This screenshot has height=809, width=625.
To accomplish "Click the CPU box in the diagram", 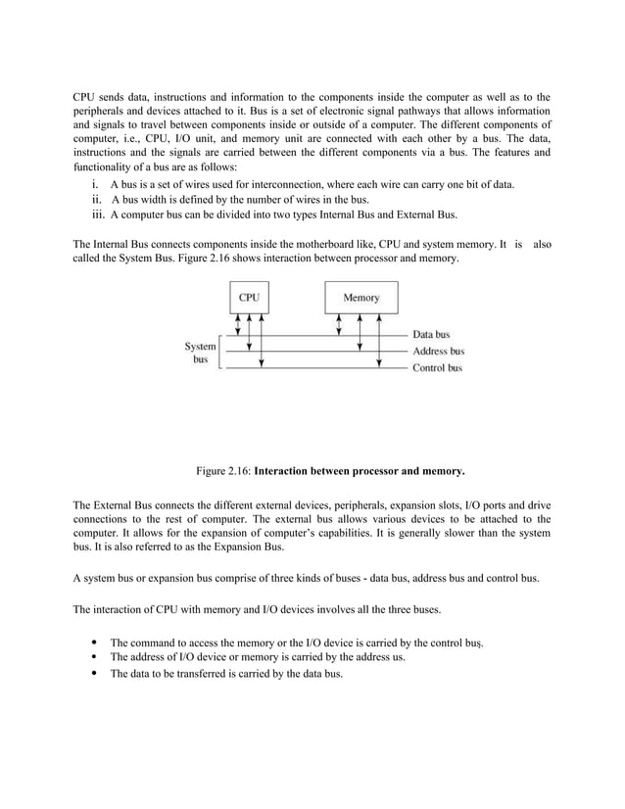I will coord(250,297).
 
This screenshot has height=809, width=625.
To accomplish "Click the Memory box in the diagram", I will coord(361,297).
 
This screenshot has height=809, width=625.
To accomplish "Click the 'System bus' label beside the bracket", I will coord(200,353).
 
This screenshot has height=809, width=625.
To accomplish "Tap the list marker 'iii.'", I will coord(96,214).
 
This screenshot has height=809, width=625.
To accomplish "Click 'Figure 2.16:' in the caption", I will coord(223,471).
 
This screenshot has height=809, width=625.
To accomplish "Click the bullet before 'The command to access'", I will coord(92,642).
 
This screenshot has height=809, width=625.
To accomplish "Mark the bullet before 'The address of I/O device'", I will coord(92,657).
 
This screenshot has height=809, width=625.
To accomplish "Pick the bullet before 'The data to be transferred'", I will coord(92,674).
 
